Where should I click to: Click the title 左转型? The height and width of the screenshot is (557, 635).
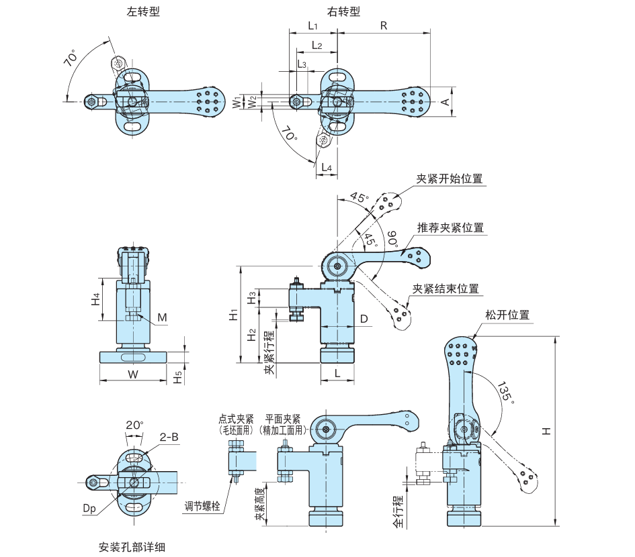(143, 12)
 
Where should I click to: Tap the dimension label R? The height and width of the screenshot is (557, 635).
(384, 26)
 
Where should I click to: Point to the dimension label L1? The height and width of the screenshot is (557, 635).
(312, 26)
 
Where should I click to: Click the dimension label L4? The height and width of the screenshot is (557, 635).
(327, 166)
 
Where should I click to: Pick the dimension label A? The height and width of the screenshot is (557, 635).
(445, 101)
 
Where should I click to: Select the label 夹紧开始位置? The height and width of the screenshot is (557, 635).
(450, 179)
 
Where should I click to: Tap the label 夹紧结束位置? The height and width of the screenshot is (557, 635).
(446, 289)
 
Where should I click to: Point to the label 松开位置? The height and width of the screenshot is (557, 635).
(507, 315)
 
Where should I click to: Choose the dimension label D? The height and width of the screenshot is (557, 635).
(364, 319)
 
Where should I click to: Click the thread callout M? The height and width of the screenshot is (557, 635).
(163, 317)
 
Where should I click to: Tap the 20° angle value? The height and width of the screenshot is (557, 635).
(134, 425)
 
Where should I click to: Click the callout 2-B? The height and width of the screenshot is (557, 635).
(169, 437)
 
